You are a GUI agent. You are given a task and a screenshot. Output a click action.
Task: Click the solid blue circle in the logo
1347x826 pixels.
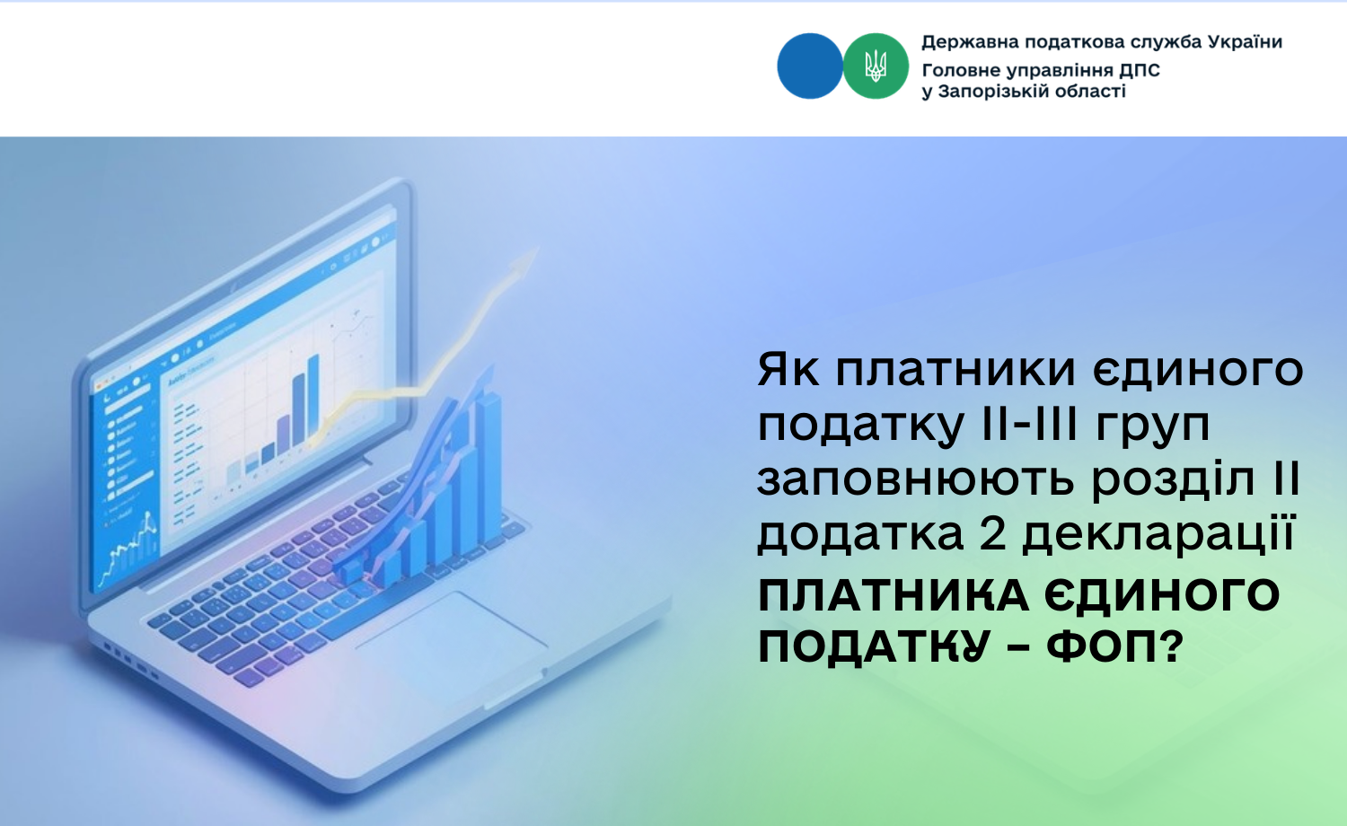click(x=809, y=66)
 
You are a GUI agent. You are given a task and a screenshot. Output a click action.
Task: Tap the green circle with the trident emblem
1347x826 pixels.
click(x=876, y=66)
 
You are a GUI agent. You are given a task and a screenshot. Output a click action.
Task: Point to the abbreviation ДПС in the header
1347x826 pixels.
click(x=1139, y=70)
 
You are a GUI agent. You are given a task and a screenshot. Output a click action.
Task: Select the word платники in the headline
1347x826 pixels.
click(x=955, y=370)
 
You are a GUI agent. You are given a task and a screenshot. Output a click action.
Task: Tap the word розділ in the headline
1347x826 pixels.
click(x=1181, y=483)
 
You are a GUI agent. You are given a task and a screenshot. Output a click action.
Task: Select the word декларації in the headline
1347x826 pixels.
click(x=1158, y=534)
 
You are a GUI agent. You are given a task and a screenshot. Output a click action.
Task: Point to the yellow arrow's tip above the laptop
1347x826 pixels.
click(x=537, y=249)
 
